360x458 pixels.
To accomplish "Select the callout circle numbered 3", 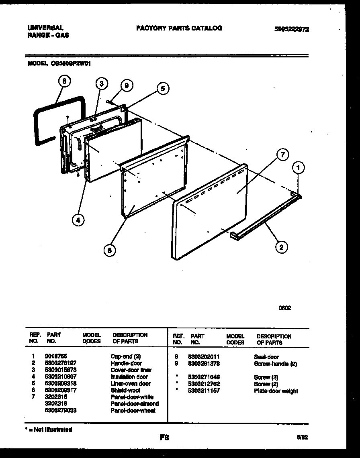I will [x=102, y=83].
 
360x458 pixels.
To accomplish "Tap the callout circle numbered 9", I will [x=126, y=85].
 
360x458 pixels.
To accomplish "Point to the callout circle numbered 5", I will [x=163, y=89].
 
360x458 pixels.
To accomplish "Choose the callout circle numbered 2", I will [x=281, y=247].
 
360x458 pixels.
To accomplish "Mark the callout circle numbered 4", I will [x=79, y=219].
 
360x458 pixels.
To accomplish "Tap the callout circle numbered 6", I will [x=109, y=250].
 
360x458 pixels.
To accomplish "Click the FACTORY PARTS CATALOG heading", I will [x=179, y=28].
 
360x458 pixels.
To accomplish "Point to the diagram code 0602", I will [x=285, y=308].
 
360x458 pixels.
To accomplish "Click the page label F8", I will [x=164, y=438].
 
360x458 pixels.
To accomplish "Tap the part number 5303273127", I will [x=61, y=363].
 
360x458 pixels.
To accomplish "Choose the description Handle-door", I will [x=126, y=363].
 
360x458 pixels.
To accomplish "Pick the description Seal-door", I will [x=266, y=357].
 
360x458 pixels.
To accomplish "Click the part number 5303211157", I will [x=204, y=391].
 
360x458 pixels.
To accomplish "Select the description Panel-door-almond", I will [x=135, y=403].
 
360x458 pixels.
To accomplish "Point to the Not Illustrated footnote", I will [x=49, y=430].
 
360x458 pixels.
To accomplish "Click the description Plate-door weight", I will [x=276, y=391].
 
